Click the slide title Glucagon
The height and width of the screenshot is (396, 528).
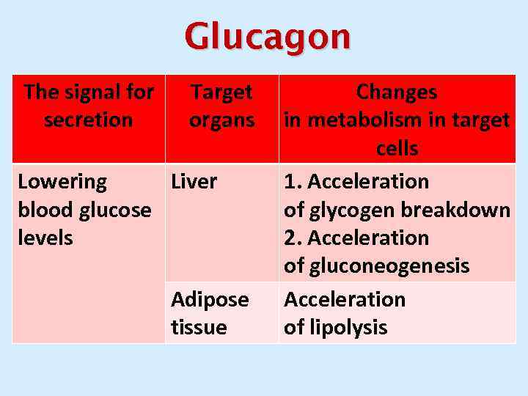[x=268, y=37]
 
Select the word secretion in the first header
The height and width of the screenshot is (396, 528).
[x=88, y=120]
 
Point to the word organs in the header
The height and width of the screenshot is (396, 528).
[x=221, y=120]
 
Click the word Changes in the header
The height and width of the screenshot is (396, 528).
[x=397, y=92]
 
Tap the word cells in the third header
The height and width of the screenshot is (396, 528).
[x=397, y=148]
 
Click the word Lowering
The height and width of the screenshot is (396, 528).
[x=62, y=181]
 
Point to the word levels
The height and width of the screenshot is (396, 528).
[x=45, y=238]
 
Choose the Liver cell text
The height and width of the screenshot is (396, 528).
[x=194, y=181]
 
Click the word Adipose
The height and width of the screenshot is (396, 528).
[x=210, y=299]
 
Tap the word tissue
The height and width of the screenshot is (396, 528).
[x=199, y=327]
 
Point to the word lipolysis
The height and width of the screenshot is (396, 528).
[x=346, y=327]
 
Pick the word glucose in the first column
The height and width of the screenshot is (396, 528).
[x=115, y=210]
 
